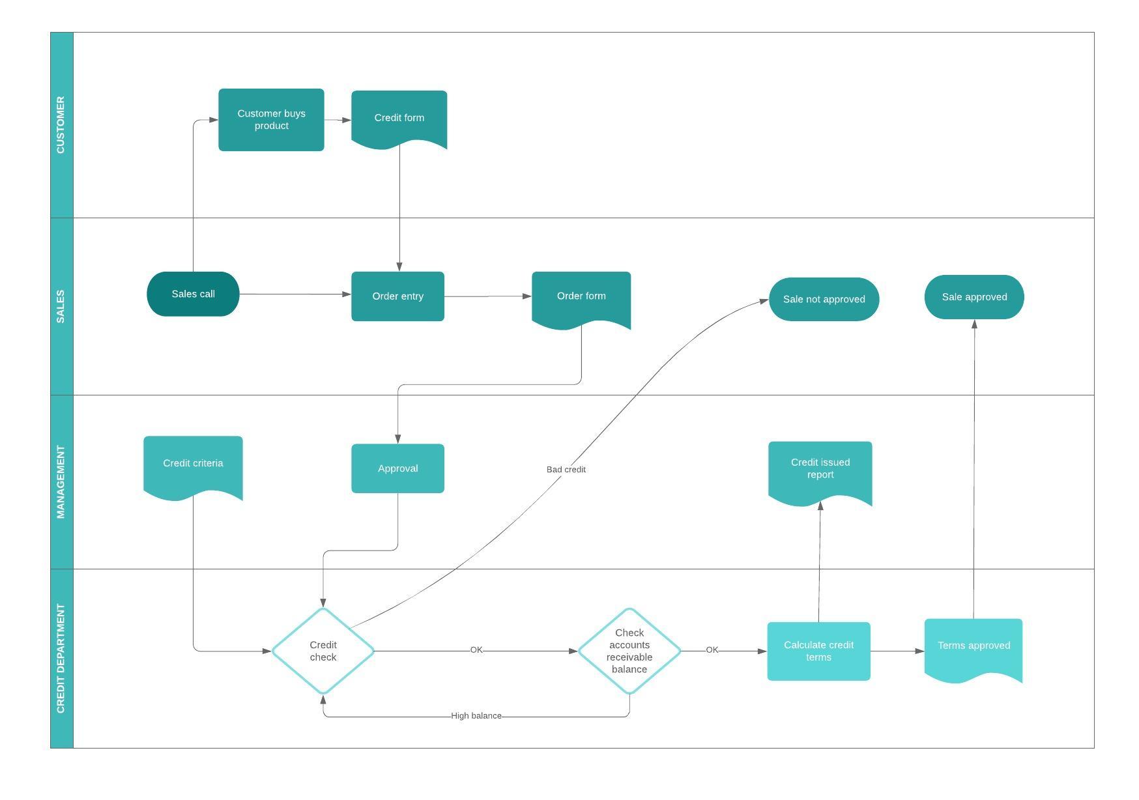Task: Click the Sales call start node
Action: [x=193, y=294]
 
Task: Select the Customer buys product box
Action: [x=271, y=120]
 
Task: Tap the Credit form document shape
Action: [x=399, y=118]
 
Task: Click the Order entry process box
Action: [x=397, y=296]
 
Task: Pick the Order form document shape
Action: [x=581, y=296]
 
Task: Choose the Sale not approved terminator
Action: [x=824, y=300]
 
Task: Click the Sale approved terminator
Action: [x=974, y=297]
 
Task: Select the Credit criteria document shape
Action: [x=193, y=464]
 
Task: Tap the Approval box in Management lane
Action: [x=397, y=468]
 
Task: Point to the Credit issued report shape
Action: [x=820, y=469]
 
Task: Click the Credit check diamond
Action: [x=323, y=651]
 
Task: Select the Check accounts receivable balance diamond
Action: [x=629, y=651]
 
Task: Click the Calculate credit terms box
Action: [x=818, y=651]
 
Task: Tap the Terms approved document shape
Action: [x=973, y=646]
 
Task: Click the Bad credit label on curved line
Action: [x=566, y=469]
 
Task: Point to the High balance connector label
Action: [x=476, y=715]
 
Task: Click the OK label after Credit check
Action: [x=476, y=650]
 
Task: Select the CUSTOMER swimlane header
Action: [x=61, y=124]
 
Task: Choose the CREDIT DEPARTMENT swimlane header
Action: [x=61, y=658]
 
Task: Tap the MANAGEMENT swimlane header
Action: [x=61, y=481]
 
